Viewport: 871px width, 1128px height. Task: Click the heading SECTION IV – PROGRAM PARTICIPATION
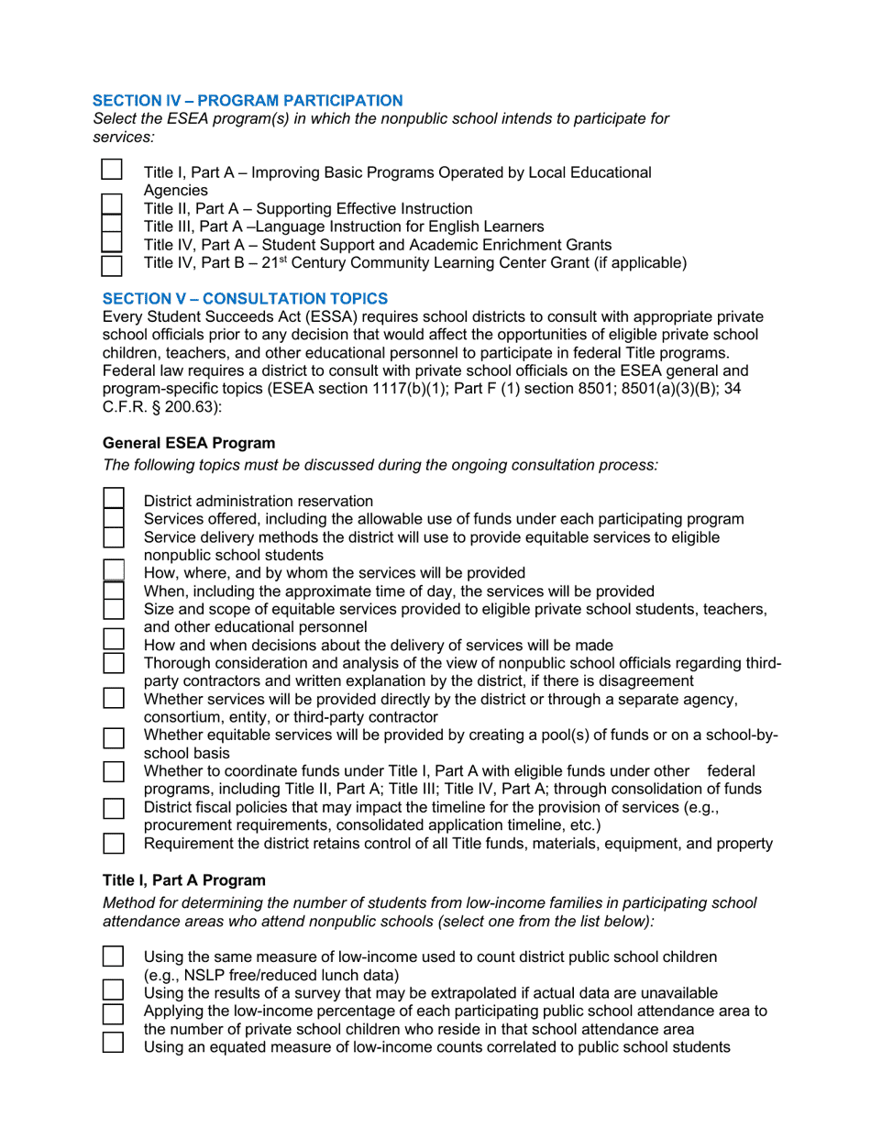pyautogui.click(x=248, y=100)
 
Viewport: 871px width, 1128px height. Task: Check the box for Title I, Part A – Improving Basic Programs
pyautogui.click(x=112, y=171)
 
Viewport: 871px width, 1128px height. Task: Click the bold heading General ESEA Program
pyautogui.click(x=189, y=442)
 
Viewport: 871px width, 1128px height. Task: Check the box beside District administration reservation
pyautogui.click(x=114, y=499)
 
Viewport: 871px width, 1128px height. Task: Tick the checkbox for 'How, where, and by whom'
pyautogui.click(x=114, y=571)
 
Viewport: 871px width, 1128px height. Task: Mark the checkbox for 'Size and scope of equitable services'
pyautogui.click(x=114, y=608)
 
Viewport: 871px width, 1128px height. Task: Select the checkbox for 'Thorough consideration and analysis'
pyautogui.click(x=114, y=662)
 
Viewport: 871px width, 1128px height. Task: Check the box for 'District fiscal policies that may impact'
pyautogui.click(x=114, y=808)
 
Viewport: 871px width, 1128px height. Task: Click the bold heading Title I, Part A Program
pyautogui.click(x=184, y=880)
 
